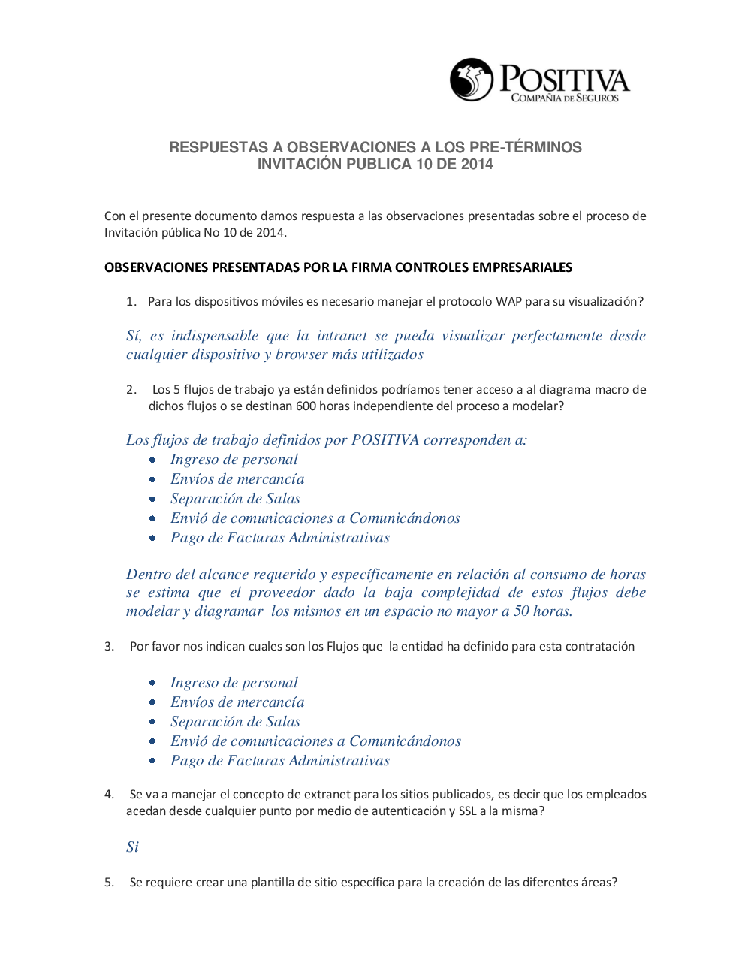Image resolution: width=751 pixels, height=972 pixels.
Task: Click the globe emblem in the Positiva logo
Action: click(x=472, y=80)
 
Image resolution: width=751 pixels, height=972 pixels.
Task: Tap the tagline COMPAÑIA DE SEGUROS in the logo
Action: click(x=565, y=98)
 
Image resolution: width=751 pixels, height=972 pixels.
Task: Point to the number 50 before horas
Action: click(x=521, y=611)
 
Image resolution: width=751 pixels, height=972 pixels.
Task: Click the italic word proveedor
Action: click(x=282, y=593)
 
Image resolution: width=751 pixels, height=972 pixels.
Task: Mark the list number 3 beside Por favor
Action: click(x=109, y=647)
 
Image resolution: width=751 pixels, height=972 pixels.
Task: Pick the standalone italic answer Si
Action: click(x=132, y=847)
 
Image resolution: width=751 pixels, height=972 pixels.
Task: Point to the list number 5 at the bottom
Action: click(x=109, y=883)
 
